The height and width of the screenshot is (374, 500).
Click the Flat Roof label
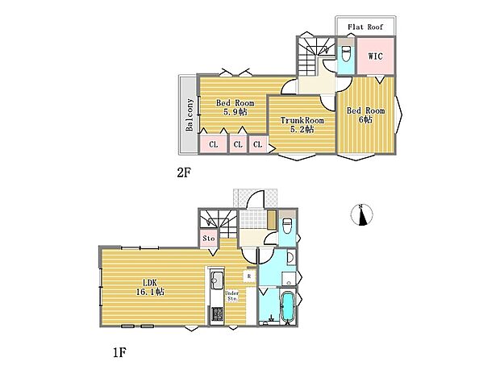[x=365, y=27]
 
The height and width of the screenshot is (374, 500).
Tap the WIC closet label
[x=376, y=56]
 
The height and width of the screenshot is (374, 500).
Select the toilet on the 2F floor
[x=345, y=55]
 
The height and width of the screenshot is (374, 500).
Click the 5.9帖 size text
[x=235, y=112]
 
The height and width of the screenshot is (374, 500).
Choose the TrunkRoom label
[x=302, y=120]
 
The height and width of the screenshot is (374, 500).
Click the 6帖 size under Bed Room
[x=365, y=119]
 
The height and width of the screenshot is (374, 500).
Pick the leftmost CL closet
[x=214, y=144]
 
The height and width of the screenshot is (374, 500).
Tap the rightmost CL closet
[x=258, y=144]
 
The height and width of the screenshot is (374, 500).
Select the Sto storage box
[x=208, y=239]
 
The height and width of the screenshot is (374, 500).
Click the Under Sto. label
[x=231, y=295]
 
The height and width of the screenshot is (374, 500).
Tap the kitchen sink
[x=216, y=281]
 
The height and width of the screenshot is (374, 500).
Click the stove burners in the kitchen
[x=215, y=314]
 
